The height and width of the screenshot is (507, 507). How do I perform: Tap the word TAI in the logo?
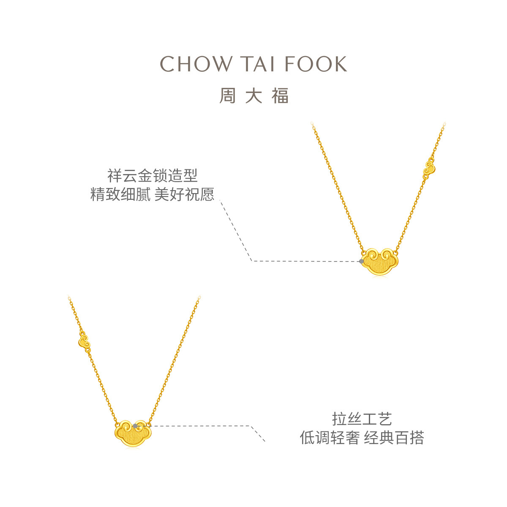[x=258, y=64]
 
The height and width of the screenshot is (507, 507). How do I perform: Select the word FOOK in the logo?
[x=316, y=64]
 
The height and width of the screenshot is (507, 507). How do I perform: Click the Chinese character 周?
[x=227, y=96]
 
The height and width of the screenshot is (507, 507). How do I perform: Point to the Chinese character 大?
[x=253, y=96]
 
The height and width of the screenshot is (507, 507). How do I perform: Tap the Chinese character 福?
[x=280, y=96]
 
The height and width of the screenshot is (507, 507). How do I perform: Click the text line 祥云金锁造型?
[x=152, y=175]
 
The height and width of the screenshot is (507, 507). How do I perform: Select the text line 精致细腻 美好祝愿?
[x=152, y=195]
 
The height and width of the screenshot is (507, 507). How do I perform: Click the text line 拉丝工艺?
[x=362, y=419]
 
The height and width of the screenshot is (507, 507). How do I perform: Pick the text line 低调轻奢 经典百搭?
[x=362, y=438]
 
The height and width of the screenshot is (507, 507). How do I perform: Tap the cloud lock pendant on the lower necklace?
[x=132, y=432]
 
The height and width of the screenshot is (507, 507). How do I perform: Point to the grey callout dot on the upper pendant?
[x=361, y=261]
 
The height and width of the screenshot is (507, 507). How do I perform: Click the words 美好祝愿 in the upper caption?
[x=185, y=195]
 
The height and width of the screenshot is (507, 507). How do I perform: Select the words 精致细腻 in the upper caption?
[x=120, y=195]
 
